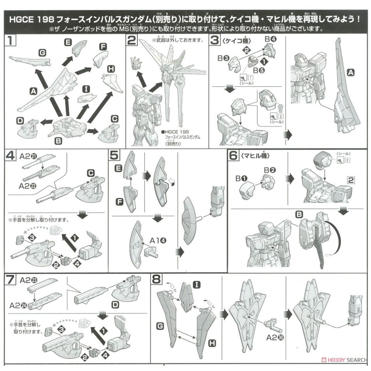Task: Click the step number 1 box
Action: point(11,40)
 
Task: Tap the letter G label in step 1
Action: point(43,53)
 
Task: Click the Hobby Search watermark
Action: point(344,360)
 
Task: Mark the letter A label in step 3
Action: point(350,73)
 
